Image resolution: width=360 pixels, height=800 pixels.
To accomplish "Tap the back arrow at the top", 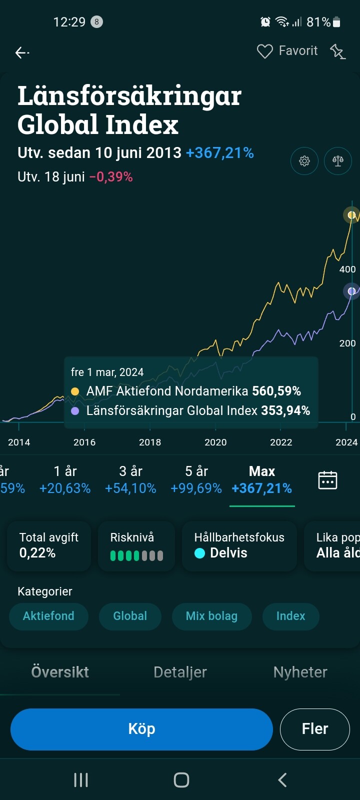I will tap(22, 52).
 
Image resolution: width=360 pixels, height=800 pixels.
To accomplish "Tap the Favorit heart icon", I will tap(264, 51).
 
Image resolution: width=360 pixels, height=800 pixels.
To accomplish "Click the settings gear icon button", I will tap(304, 161).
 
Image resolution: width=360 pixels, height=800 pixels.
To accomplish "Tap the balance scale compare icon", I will tap(338, 161).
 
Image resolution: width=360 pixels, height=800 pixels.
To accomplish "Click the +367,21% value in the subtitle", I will tap(220, 153).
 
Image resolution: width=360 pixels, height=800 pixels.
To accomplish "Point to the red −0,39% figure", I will tap(111, 177).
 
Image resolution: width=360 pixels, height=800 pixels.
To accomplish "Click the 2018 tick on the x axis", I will tap(150, 442).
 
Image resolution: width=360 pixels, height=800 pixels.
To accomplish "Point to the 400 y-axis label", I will tap(347, 269).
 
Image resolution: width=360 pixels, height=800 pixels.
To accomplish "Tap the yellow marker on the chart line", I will tap(352, 215).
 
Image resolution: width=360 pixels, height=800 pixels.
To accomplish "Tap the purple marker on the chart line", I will tap(352, 291).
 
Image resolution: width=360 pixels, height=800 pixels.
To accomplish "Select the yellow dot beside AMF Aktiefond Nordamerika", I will tap(75, 391).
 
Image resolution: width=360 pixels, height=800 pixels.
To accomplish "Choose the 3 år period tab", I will tap(130, 479).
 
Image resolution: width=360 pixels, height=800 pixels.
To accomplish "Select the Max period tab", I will tap(262, 479).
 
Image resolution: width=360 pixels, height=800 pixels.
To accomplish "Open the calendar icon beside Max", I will tap(327, 480).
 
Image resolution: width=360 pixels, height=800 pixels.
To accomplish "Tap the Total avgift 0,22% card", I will tap(48, 545).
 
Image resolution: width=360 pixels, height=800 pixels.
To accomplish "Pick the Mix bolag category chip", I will tap(211, 616).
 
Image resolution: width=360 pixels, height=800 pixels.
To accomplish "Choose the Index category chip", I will tap(290, 616).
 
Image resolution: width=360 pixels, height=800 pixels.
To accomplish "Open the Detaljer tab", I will tap(180, 672).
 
